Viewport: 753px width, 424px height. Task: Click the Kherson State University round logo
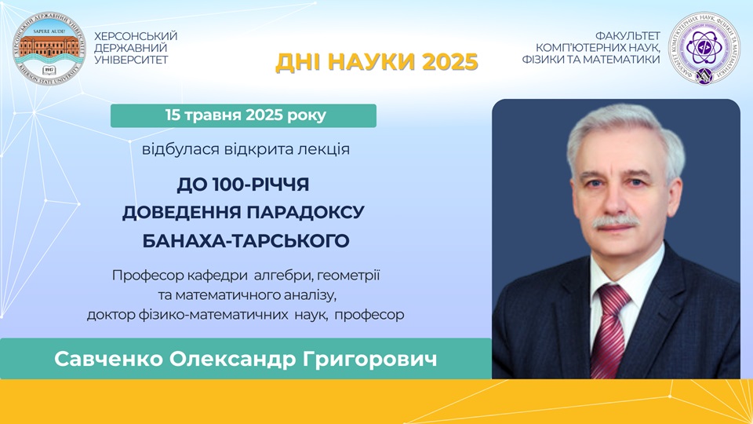click(49, 49)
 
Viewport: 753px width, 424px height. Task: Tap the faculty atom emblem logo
click(704, 48)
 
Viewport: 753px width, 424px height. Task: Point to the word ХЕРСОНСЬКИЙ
click(136, 37)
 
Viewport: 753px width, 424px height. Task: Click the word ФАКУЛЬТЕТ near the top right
click(627, 36)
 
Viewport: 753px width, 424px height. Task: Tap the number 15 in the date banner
click(173, 115)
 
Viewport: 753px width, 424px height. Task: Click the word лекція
click(324, 149)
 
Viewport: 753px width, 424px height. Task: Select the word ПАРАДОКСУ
click(306, 213)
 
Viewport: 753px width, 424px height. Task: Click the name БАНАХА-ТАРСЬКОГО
click(246, 240)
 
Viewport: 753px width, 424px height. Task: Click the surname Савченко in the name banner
click(108, 359)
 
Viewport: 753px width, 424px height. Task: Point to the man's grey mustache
click(615, 221)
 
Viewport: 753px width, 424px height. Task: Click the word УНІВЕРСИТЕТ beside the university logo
click(131, 60)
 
